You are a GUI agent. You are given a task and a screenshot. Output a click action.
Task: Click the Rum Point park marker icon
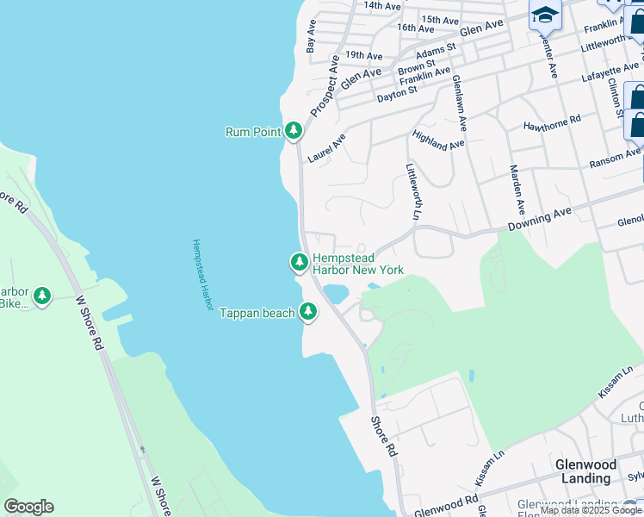294,131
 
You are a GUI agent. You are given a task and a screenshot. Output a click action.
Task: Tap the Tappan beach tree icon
308,313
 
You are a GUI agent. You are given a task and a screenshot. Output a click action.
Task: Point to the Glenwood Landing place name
585,471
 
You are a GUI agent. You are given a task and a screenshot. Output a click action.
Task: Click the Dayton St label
397,90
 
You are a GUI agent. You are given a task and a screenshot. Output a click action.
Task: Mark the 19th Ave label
363,56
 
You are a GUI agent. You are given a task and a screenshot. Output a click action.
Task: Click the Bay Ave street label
311,36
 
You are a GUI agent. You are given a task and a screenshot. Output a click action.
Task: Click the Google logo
28,507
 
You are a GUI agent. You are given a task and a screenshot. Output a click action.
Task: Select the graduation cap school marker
544,15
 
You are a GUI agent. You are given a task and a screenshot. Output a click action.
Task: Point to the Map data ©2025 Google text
591,511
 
